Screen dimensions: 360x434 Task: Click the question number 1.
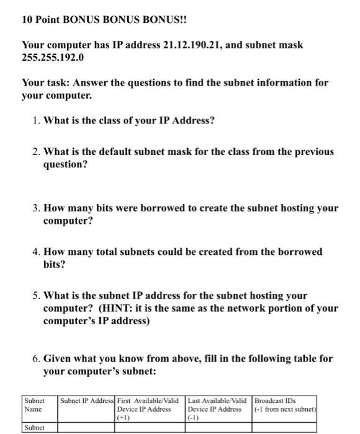(x=35, y=120)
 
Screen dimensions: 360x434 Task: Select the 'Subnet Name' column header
(x=35, y=405)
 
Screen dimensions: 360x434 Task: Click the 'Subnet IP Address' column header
(x=88, y=401)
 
